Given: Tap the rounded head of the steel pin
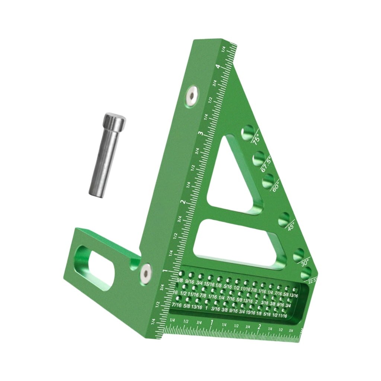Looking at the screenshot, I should coord(114,121).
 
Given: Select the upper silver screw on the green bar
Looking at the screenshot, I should coord(192,95).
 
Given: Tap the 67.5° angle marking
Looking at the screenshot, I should coord(266,164).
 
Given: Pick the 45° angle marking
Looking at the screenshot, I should coord(291,225).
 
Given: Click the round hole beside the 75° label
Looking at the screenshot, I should coord(248,132).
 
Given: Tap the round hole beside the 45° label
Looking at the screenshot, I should coord(284,218).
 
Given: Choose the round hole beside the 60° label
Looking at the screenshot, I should coord(268,182).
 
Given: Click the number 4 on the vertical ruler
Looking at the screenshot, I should coord(222,67).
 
